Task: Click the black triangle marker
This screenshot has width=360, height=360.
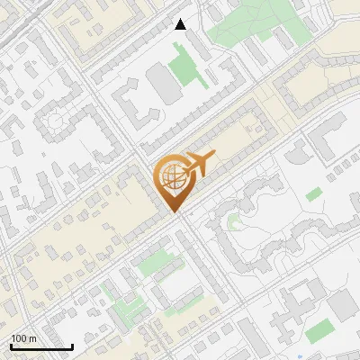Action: (181, 24)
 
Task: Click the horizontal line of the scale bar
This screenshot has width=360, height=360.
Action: (41, 346)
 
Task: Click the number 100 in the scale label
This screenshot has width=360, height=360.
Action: (20, 338)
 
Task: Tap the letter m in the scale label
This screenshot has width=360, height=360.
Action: (32, 338)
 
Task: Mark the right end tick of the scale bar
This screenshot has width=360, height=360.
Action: (72, 345)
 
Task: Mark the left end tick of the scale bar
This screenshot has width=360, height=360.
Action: (11, 345)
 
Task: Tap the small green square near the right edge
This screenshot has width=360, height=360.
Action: (313, 193)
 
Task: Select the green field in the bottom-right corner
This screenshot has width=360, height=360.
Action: (319, 333)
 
